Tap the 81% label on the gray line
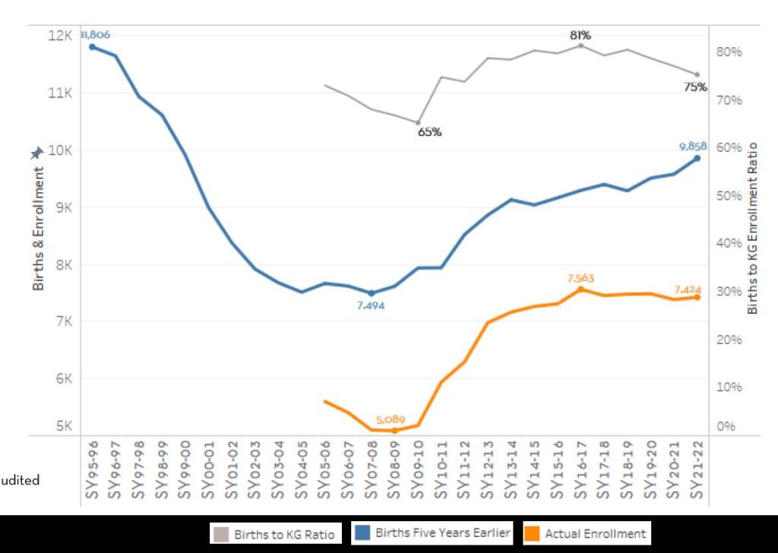coord(580,35)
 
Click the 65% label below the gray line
coord(429,131)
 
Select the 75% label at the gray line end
coord(694,87)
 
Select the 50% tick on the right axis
coord(727,195)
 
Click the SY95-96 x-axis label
coord(92,472)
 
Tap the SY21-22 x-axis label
coord(697,472)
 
